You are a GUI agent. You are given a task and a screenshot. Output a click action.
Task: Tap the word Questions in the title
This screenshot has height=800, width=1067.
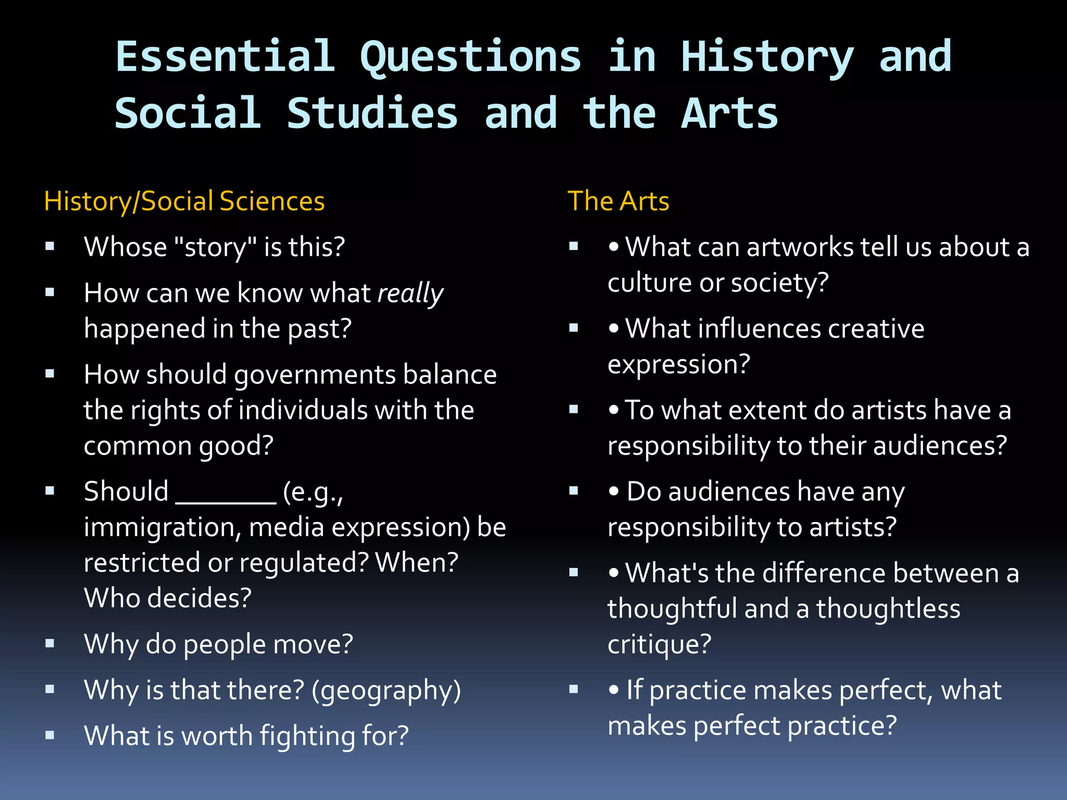(470, 57)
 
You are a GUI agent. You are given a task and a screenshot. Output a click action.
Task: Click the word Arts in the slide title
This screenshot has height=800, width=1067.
(729, 113)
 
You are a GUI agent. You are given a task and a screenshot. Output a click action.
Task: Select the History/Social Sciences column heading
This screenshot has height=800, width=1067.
(184, 201)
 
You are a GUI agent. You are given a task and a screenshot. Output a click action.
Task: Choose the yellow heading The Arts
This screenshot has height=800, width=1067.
(618, 201)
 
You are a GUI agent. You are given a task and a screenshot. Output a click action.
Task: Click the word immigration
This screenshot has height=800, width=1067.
(162, 528)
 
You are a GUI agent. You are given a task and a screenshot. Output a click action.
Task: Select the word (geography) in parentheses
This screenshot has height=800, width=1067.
(386, 691)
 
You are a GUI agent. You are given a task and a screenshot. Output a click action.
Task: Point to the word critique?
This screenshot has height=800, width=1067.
(659, 645)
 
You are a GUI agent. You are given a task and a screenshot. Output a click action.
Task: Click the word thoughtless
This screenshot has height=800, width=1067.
(888, 609)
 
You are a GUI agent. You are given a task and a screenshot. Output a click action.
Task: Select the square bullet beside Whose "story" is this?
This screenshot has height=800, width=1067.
(50, 246)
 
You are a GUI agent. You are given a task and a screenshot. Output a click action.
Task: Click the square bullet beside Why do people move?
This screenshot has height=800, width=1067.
(50, 644)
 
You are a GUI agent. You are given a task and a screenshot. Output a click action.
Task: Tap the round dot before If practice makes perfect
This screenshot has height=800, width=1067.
(614, 690)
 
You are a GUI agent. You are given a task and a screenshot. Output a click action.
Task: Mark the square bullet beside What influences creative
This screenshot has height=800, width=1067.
(574, 328)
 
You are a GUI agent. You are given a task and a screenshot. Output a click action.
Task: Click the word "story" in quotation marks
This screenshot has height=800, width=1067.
(214, 247)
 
